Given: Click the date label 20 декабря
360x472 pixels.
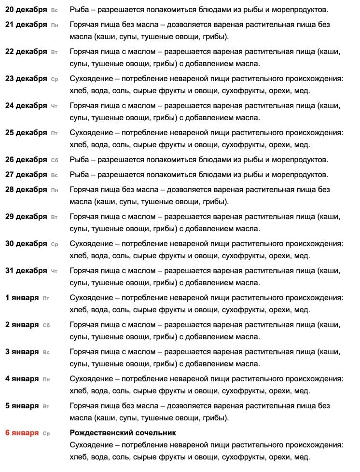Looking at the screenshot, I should click(x=26, y=10).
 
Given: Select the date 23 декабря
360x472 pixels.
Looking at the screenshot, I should click(x=26, y=79).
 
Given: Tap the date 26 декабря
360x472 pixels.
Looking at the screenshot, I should click(x=26, y=160).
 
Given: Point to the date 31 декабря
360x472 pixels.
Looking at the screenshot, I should click(x=26, y=271).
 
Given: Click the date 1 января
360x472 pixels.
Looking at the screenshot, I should click(x=22, y=298).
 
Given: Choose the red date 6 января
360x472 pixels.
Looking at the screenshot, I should click(x=22, y=433).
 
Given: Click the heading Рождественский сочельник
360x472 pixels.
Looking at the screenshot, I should click(x=123, y=433).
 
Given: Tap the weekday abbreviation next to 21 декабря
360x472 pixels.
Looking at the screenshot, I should click(x=54, y=25).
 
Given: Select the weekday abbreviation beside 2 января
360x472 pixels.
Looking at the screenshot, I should click(x=46, y=325).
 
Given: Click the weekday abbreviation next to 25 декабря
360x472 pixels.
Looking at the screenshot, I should click(x=54, y=133).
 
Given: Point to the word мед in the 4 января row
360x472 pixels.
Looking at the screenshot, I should click(x=302, y=391).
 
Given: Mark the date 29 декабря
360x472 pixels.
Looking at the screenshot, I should click(x=26, y=217).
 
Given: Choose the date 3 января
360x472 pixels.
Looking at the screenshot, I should click(x=22, y=352).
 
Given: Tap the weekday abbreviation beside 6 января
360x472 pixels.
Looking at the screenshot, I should click(x=46, y=433).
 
